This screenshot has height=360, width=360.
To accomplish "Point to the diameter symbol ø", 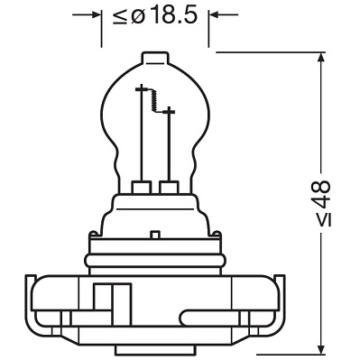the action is point(138,16).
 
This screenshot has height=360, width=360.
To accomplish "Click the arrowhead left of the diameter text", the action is point(97,14).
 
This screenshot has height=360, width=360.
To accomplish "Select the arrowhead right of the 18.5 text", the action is point(214,14).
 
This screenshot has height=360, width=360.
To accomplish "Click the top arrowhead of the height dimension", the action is point(321,58).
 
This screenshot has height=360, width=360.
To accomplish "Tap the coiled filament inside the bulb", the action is point(154,100).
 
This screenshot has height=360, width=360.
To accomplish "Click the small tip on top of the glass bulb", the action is point(155,58).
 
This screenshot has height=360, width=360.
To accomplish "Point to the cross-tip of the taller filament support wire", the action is point(141,88).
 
